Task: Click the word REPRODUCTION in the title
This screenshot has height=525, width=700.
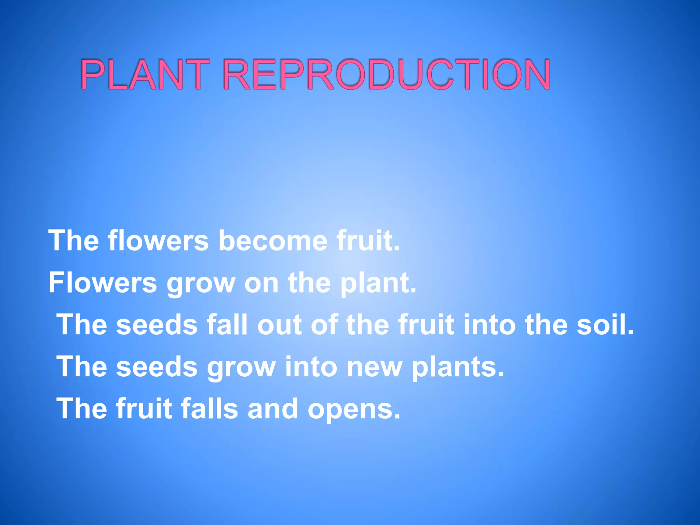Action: click(x=386, y=74)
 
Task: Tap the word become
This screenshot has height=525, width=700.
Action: click(x=272, y=241)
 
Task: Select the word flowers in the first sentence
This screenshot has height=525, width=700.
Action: click(x=158, y=241)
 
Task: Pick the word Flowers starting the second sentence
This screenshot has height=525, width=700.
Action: click(x=103, y=283)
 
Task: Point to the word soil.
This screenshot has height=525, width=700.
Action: click(x=605, y=324)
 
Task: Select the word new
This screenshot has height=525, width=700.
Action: click(x=374, y=367)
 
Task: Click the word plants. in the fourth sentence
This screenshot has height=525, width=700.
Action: click(x=458, y=367)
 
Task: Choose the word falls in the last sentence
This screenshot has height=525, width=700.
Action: click(x=209, y=409)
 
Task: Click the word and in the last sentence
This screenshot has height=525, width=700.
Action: click(x=272, y=409)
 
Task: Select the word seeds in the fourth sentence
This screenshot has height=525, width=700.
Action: click(x=157, y=367)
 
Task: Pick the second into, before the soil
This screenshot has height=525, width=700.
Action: click(x=489, y=324)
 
